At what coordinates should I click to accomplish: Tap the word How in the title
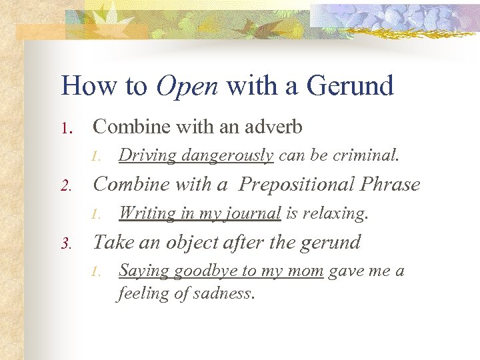[87, 85]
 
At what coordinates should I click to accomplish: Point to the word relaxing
[334, 213]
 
